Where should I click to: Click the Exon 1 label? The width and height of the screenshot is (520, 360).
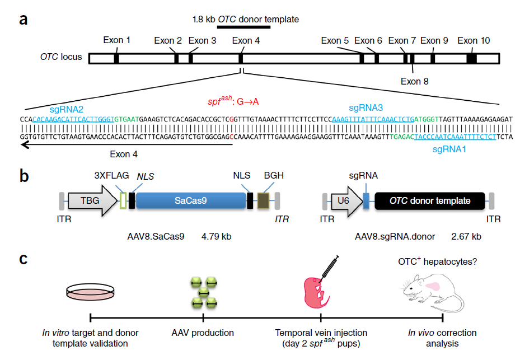(x=117, y=40)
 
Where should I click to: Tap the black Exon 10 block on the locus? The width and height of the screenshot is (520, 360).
(x=472, y=58)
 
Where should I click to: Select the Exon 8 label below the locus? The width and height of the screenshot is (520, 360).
(x=415, y=81)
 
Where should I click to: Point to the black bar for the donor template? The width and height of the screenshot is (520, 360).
(x=241, y=27)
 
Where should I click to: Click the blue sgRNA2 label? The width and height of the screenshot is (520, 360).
(x=67, y=109)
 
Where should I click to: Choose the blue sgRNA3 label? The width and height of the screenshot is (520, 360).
(x=366, y=107)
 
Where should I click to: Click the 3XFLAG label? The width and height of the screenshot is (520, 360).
(x=111, y=175)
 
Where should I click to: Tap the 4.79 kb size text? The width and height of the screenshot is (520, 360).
(x=216, y=237)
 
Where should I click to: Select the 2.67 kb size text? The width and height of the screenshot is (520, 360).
(x=466, y=237)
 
